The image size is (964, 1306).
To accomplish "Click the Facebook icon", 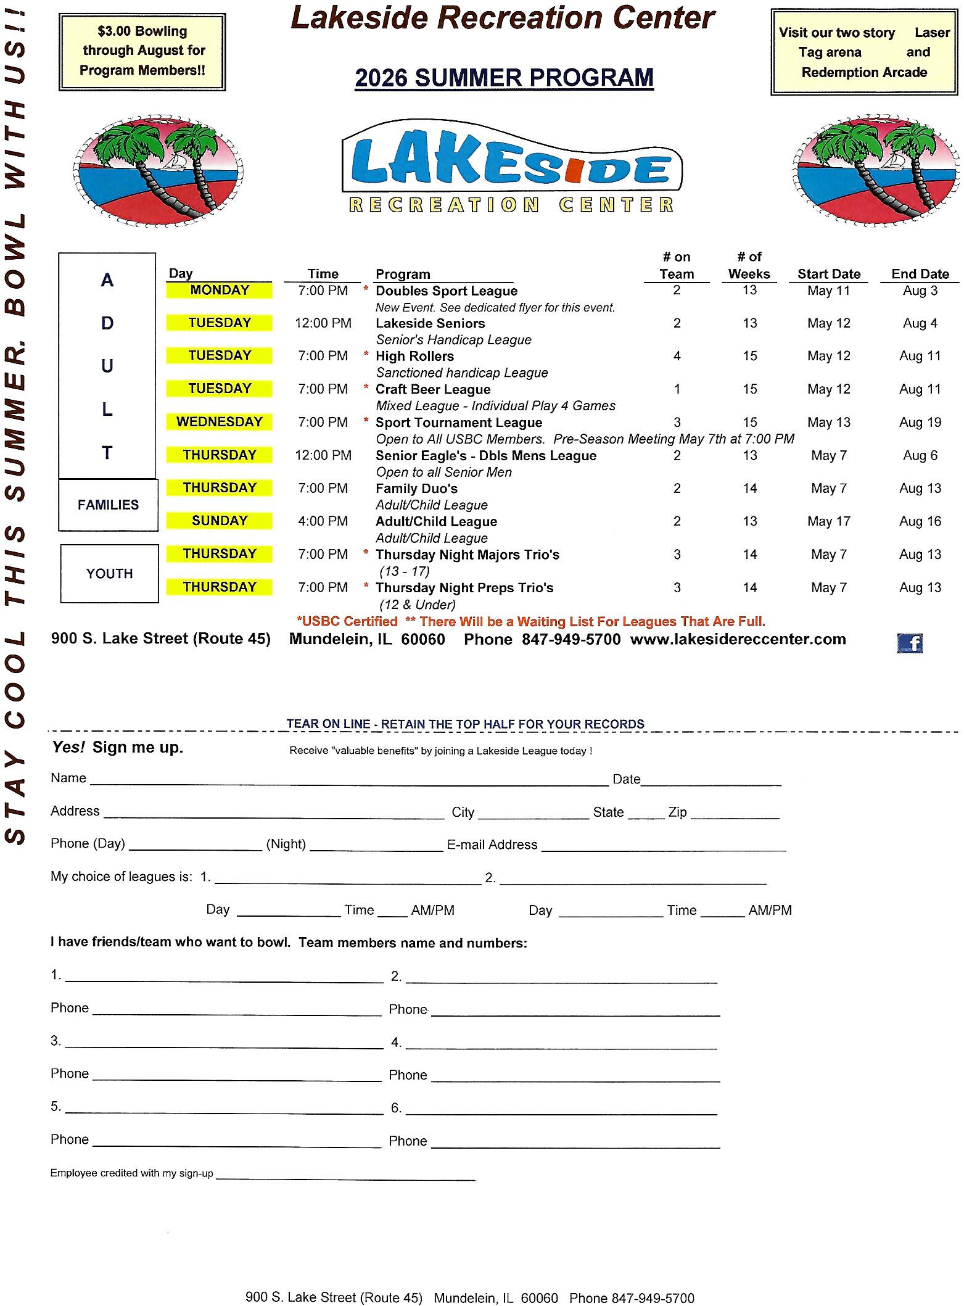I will click(x=909, y=643).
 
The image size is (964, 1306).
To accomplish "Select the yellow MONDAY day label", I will click(x=219, y=290).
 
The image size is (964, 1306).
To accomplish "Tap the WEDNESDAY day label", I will click(x=219, y=422).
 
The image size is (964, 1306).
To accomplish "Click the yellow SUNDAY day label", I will click(x=219, y=521).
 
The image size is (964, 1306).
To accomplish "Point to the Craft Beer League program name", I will click(x=433, y=389).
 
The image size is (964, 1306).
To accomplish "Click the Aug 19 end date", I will click(x=920, y=423).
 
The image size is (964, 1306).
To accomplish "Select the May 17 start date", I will click(x=828, y=521).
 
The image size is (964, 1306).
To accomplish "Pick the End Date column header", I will click(x=920, y=274).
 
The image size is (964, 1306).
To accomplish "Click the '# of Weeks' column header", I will click(x=749, y=265).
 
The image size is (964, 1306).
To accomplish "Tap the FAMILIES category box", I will click(x=108, y=505).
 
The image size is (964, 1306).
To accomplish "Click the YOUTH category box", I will click(x=109, y=573).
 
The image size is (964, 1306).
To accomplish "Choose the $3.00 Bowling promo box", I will click(x=142, y=51).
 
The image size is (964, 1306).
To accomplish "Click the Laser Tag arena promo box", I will click(x=864, y=52).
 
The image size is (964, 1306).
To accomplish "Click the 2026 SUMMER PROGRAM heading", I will click(x=504, y=78).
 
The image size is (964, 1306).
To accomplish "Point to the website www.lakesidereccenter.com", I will click(x=738, y=639).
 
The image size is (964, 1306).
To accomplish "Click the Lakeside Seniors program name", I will click(x=430, y=323).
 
